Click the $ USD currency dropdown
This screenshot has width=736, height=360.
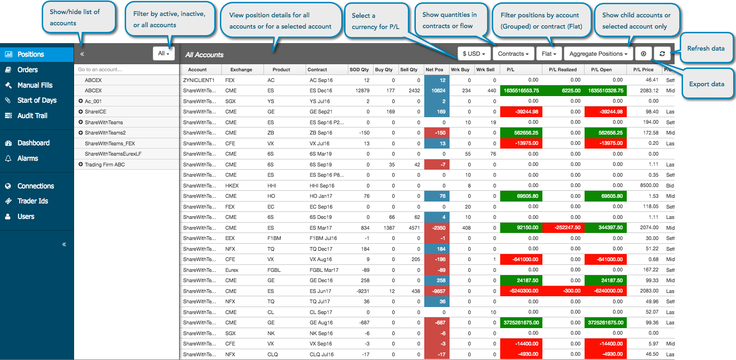(x=474, y=53)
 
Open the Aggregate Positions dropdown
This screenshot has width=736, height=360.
(x=598, y=53)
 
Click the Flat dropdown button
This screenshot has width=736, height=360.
(x=548, y=53)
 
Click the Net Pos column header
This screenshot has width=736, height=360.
(x=435, y=70)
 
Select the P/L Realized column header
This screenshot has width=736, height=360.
(x=563, y=70)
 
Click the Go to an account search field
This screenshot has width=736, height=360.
(x=127, y=69)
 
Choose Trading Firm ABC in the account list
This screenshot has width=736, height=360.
(x=105, y=165)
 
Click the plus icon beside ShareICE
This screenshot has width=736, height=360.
(x=81, y=112)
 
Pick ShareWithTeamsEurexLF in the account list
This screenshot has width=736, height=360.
(x=113, y=154)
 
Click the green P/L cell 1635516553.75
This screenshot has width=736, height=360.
(x=521, y=90)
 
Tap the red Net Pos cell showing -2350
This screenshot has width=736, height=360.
(x=436, y=228)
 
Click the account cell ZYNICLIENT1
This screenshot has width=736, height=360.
(x=199, y=80)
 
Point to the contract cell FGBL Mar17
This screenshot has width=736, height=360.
(x=324, y=270)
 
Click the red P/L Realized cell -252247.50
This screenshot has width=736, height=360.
(x=563, y=228)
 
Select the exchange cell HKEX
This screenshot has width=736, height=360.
(x=232, y=186)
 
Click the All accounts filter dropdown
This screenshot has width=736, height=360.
(x=164, y=53)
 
